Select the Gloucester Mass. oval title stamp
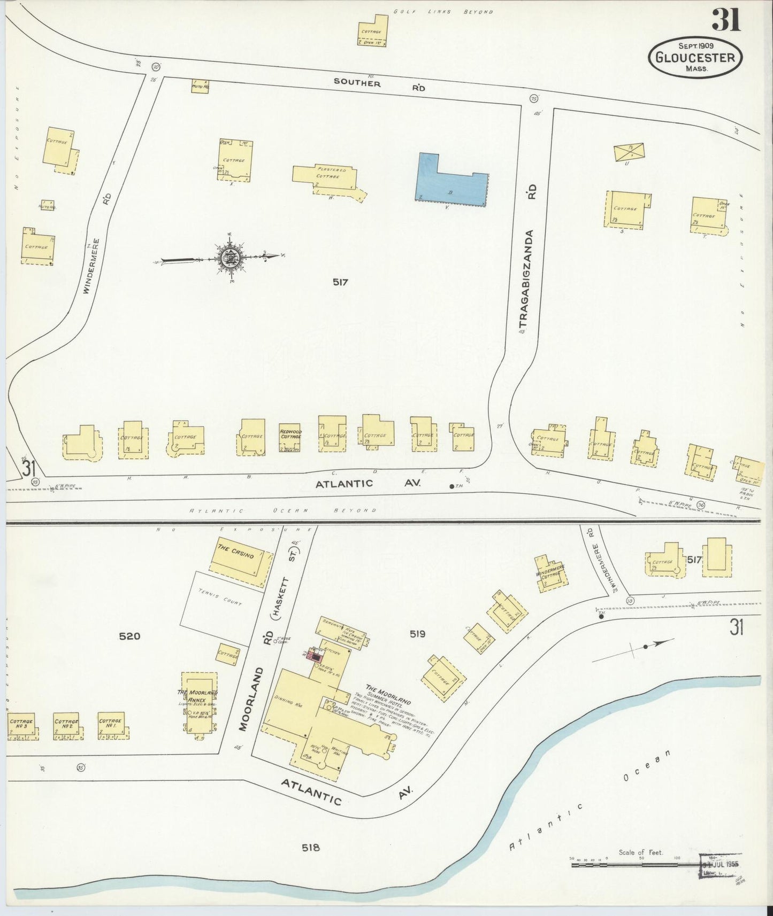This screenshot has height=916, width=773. pyautogui.click(x=695, y=57)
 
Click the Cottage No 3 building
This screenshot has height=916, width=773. pyautogui.click(x=21, y=726)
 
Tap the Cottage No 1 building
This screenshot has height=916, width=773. pyautogui.click(x=111, y=725)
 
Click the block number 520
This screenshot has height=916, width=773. pyautogui.click(x=129, y=636)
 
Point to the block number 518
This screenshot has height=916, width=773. pyautogui.click(x=310, y=847)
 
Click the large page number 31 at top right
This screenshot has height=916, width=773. pyautogui.click(x=725, y=20)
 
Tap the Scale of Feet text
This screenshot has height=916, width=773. pyautogui.click(x=640, y=852)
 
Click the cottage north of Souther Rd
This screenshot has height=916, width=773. pyautogui.click(x=373, y=30)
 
